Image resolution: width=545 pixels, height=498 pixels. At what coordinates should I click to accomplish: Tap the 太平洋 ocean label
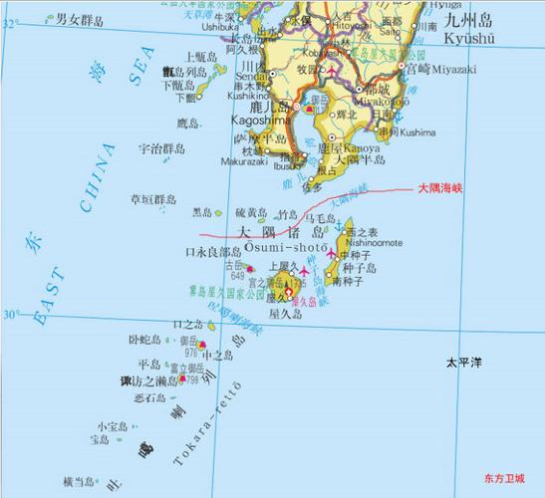[463, 364]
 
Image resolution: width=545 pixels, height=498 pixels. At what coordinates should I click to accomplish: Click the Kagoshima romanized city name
[259, 120]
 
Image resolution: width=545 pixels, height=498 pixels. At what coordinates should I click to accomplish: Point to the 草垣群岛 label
[153, 199]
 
